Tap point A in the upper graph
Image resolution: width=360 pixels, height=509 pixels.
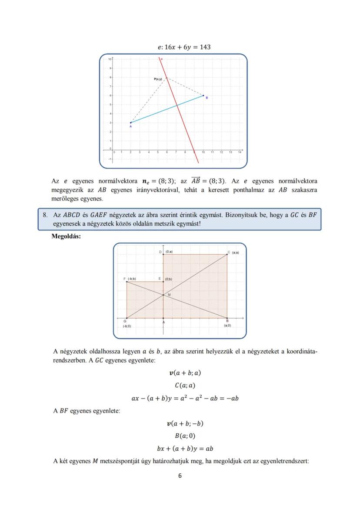pos(130,123)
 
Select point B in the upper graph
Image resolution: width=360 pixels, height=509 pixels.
pos(203,95)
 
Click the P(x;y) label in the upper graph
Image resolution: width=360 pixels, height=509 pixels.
pos(158,79)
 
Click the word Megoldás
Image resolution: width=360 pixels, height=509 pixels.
pos(66,237)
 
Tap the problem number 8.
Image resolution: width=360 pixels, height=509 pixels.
pos(45,215)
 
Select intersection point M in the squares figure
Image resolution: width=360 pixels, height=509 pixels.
pos(163,295)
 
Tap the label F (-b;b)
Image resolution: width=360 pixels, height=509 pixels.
pos(130,278)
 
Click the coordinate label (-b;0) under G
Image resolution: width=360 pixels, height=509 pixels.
pos(127,326)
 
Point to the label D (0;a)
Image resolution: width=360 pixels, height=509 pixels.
pos(166,252)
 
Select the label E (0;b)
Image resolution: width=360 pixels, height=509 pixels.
pos(166,279)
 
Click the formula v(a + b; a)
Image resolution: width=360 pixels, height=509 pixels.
pos(185,373)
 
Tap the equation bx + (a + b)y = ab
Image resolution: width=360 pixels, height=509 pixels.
pos(185,449)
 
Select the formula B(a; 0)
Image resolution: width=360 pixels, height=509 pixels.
pos(185,436)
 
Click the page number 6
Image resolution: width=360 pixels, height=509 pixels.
pos(180,476)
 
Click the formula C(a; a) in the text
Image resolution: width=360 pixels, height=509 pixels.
pos(185,386)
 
